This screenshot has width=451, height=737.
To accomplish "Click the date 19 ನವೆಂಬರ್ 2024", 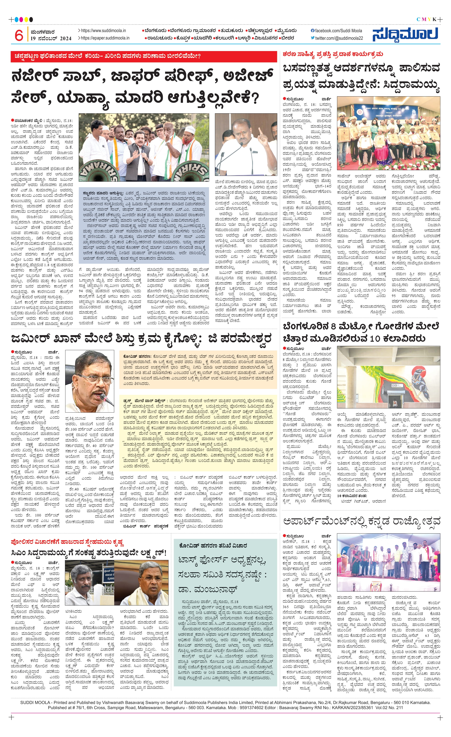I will click(51, 39).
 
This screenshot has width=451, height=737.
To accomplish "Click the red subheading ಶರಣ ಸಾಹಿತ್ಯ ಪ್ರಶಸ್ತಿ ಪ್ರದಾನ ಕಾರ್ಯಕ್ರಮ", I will click(333, 54).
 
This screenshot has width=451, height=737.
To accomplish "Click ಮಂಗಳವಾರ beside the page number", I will click(43, 32).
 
